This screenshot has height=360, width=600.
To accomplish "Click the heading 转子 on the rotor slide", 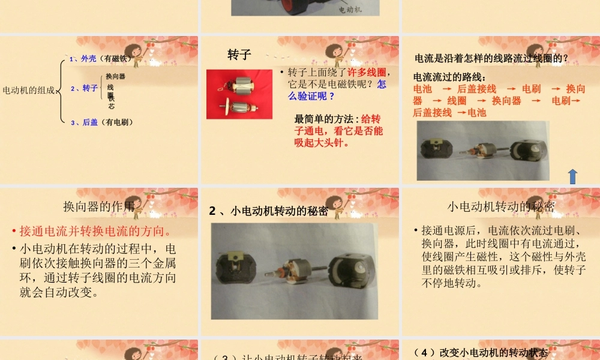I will [239, 55].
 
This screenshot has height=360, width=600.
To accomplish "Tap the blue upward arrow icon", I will [572, 176].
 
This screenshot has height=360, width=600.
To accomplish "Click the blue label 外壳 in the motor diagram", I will [88, 58].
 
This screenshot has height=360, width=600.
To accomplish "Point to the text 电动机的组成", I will [28, 91].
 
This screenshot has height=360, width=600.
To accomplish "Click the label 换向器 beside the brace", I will [115, 76].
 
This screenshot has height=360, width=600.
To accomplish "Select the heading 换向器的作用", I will [99, 207].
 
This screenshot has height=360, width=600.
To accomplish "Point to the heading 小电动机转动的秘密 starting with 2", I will [269, 211].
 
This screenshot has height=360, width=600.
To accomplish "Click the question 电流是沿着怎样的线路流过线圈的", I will [491, 58].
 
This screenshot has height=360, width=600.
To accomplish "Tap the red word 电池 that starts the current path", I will [422, 89].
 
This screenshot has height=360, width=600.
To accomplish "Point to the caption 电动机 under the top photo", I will [350, 10].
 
